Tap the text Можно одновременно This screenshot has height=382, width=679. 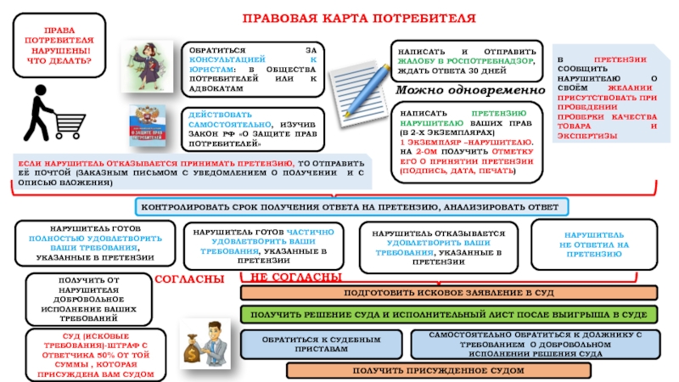(x=469, y=91)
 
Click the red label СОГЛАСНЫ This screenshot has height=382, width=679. (x=189, y=278)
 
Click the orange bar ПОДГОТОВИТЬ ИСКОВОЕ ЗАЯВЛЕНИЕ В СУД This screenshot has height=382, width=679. (x=449, y=293)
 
